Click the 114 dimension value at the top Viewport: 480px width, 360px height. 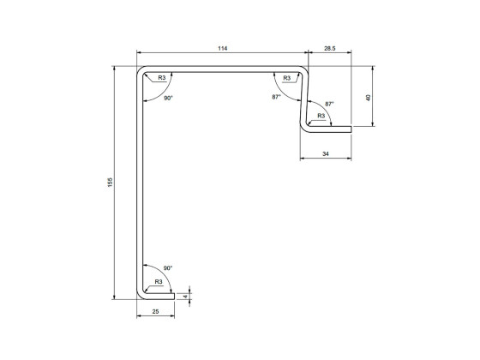pos(223,49)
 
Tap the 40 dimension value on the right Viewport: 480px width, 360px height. pos(369,97)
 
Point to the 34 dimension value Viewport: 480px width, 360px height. pos(326,153)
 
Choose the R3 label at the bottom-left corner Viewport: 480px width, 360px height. pos(159,282)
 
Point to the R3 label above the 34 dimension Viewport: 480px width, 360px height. pos(321,116)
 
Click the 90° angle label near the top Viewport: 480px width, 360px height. pos(169,99)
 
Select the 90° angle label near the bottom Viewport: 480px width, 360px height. pos(168,268)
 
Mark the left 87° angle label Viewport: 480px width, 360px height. pos(276,97)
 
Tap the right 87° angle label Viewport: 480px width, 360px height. pos(329,104)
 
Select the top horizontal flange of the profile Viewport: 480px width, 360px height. pos(223,69)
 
